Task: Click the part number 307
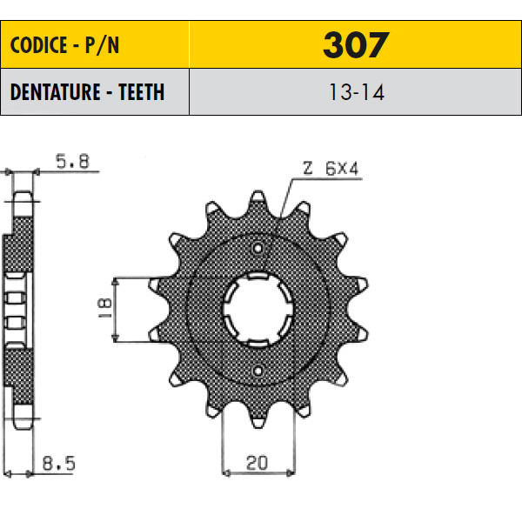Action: click(356, 45)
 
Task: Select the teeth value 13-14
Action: click(357, 92)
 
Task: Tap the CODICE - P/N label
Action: click(64, 45)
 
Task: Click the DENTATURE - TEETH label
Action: click(87, 92)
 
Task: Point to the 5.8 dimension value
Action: click(72, 162)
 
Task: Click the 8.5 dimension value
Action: click(59, 463)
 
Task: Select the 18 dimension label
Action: click(105, 308)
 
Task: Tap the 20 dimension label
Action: click(257, 463)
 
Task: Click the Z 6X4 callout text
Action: click(331, 168)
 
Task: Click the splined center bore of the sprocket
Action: click(258, 310)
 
